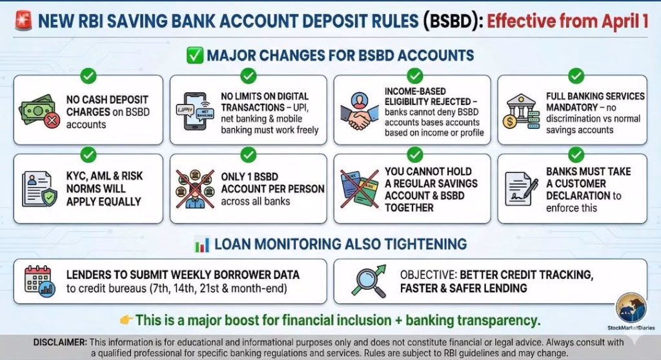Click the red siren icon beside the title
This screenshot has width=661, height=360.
coord(23,21)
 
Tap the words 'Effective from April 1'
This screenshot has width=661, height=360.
coord(567,21)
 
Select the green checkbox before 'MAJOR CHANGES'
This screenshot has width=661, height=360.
coord(195,55)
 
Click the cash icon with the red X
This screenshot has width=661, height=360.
coord(39,110)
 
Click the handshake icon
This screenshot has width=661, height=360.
coord(360,111)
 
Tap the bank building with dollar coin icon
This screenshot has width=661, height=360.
coord(521,111)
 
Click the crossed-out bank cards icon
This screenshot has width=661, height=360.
coord(360,189)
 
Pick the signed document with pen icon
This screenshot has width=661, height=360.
coord(522,188)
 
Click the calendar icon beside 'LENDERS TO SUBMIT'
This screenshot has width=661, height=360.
coord(39,281)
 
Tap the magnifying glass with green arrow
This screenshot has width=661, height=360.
coord(369,281)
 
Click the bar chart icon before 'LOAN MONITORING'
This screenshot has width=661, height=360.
coord(202,245)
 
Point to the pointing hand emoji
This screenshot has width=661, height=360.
coord(127,321)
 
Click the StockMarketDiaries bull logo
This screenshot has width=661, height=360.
coord(631,308)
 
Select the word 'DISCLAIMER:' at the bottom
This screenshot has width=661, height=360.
coord(60,343)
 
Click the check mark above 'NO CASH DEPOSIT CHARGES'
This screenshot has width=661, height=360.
coord(88,76)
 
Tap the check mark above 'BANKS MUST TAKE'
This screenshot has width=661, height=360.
coord(576,154)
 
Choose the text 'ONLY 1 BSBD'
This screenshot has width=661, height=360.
coord(250,177)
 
